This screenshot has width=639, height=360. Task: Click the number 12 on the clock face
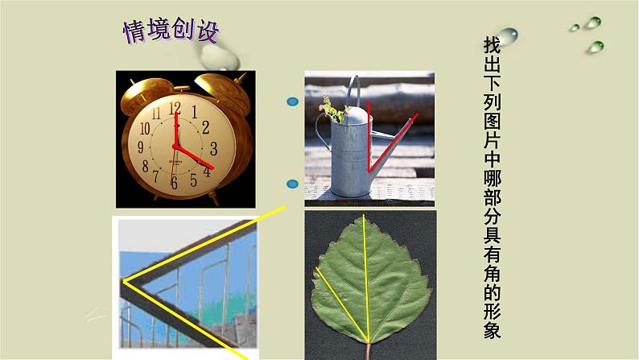[x=175, y=107]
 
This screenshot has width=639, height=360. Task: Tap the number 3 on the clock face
[x=213, y=148]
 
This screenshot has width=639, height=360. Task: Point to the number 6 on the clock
[x=173, y=183]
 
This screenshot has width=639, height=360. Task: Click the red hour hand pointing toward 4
[x=196, y=157]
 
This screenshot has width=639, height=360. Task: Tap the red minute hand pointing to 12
[x=175, y=129]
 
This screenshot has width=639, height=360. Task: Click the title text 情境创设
[x=170, y=31]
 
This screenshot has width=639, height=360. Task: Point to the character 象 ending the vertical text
[x=492, y=330]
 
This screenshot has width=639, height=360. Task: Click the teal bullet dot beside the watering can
[x=293, y=102]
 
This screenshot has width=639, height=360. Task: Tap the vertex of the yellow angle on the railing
[x=123, y=281]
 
